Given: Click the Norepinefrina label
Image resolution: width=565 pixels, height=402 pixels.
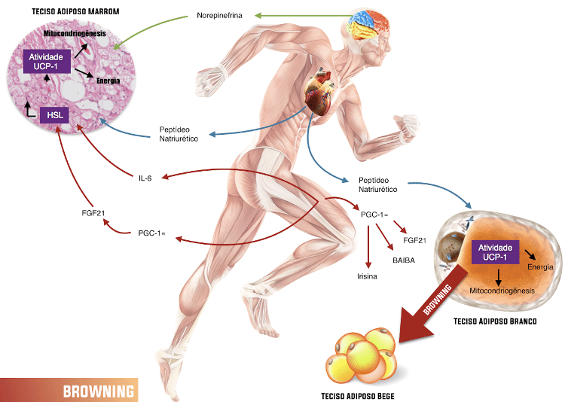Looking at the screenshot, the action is (219, 16).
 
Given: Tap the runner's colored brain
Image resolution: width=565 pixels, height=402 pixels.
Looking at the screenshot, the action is (368, 24).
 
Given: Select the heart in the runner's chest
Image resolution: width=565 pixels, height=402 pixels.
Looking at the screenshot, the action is (319, 92).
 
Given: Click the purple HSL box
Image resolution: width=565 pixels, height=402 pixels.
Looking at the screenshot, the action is (54, 115).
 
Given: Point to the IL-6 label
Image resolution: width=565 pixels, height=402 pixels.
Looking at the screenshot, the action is (145, 178).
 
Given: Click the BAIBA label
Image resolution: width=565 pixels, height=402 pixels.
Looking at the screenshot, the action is (404, 260).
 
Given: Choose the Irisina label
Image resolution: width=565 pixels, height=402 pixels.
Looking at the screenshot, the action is (367, 276).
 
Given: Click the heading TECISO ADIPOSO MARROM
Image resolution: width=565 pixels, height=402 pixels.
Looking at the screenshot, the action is (75, 11).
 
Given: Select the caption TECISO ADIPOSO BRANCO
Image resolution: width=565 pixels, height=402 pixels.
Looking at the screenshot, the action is (495, 321).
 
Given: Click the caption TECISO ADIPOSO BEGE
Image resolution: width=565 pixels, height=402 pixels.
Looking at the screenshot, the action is (357, 396).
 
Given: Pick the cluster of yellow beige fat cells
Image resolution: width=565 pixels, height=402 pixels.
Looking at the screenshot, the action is (361, 355).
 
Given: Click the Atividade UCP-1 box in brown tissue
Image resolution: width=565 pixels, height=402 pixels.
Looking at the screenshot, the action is (47, 62).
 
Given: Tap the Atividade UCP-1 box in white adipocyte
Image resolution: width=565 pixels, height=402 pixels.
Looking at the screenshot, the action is (495, 252).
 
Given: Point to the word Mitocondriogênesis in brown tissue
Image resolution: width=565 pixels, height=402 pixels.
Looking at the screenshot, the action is (75, 33).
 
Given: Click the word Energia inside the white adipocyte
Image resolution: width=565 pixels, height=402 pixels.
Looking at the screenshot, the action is (540, 267).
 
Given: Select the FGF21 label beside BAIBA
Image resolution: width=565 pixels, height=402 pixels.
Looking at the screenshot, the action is (415, 240).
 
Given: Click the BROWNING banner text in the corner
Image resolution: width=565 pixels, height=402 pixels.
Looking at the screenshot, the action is (99, 391).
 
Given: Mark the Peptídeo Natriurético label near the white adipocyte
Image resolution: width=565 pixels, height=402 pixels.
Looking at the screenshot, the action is (377, 184).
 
